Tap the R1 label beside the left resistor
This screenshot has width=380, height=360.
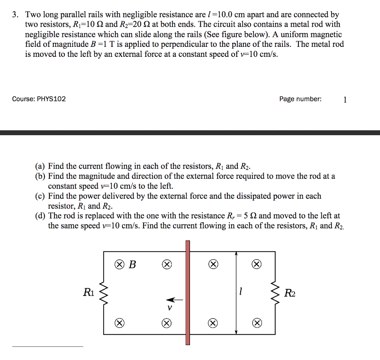[89, 292]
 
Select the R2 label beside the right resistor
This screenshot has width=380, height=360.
[289, 293]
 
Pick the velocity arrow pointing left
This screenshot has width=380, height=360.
[174, 299]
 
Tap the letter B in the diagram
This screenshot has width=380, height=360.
[132, 265]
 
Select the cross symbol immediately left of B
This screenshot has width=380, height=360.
[119, 265]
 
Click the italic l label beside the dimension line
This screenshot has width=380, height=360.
[241, 292]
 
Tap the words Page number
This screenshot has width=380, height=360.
[301, 99]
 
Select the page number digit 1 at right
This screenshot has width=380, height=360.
[345, 99]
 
